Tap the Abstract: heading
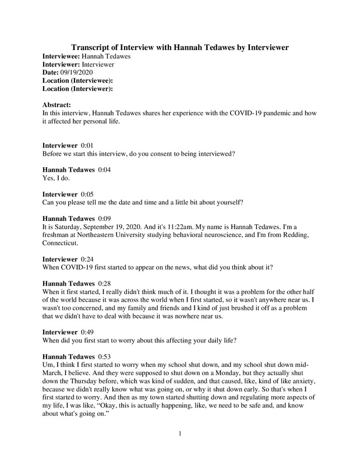(57, 105)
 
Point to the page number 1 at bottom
(181, 449)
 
